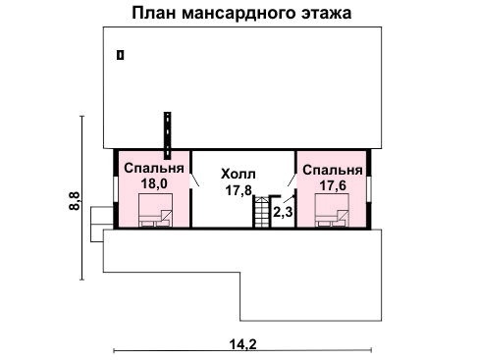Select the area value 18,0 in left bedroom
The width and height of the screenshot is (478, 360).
pos(154,182)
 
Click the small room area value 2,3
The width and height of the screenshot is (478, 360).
pos(283,211)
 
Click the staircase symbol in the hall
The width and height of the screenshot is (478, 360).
pos(261,212)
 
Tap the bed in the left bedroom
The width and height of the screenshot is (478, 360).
pos(155,209)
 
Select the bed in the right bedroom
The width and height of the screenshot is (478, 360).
pos(332,210)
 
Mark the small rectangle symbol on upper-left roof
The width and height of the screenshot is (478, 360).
pos(121,56)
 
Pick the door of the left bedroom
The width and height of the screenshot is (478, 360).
pos(194,180)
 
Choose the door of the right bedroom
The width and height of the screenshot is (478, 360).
pos(291,180)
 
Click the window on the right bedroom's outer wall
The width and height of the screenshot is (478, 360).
pos(371,188)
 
